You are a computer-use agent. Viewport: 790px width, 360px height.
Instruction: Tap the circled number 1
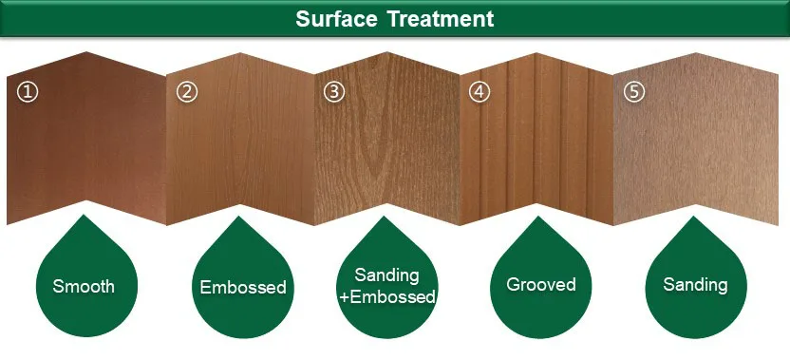(x=28, y=92)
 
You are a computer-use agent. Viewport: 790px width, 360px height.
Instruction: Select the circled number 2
(x=187, y=92)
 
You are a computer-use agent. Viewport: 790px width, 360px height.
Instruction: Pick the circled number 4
(x=481, y=92)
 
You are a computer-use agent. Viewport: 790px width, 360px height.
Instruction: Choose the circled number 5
(x=633, y=92)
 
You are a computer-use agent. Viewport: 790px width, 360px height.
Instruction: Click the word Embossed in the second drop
(x=243, y=287)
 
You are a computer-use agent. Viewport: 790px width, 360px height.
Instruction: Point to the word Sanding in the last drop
(x=696, y=284)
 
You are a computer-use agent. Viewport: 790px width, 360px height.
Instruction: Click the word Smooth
(x=84, y=286)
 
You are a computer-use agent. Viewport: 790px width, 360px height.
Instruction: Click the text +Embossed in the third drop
(x=386, y=297)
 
